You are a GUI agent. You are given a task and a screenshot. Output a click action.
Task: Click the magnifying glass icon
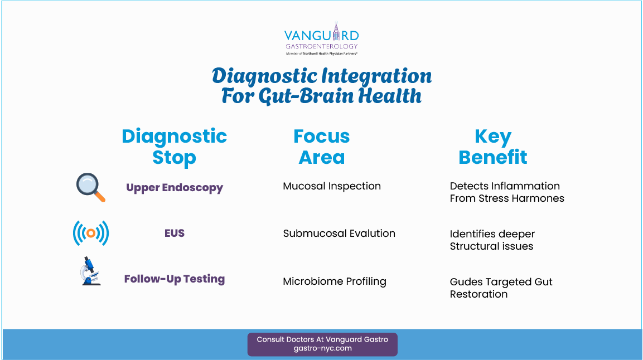pos(90,188)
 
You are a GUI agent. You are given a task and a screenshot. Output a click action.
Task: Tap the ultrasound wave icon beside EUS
pos(90,233)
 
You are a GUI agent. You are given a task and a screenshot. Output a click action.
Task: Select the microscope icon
pos(90,271)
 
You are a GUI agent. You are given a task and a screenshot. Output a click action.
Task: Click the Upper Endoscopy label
pos(175,188)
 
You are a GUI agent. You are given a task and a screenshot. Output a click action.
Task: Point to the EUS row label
pos(175,233)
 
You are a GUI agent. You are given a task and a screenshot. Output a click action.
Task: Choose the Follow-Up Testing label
pos(175,279)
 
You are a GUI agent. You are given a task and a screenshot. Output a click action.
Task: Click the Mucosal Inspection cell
pos(332,186)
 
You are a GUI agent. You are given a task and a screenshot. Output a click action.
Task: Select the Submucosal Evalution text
pos(339,233)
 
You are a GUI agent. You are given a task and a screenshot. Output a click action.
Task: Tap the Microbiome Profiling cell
pos(335,281)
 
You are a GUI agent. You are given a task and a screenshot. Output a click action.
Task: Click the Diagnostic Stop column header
pos(175,147)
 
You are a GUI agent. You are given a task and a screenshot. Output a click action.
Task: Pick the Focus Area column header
pos(322,147)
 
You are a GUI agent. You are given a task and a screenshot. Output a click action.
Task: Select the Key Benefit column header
pos(492,147)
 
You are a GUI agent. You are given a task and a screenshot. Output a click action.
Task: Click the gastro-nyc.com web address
pos(322,348)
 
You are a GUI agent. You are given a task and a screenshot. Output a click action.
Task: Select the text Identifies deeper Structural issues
pos(492,240)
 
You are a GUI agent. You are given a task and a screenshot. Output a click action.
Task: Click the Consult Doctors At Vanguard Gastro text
pos(322,339)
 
